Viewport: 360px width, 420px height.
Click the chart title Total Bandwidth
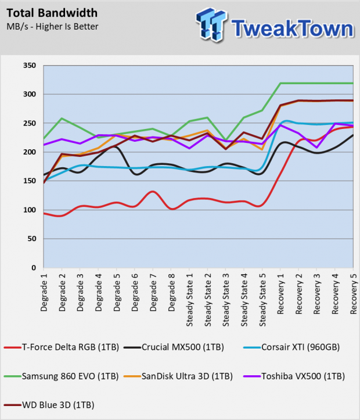click(x=52, y=13)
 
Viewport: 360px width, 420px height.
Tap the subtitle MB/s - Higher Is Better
click(x=52, y=27)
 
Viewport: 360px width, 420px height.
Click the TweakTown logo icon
click(x=211, y=25)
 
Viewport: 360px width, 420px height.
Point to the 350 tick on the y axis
click(x=30, y=66)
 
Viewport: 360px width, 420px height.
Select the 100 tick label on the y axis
click(x=30, y=210)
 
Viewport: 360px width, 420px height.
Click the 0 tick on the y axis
click(x=34, y=268)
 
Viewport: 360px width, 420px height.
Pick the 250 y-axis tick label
click(x=30, y=123)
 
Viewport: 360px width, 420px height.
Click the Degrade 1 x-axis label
click(x=44, y=292)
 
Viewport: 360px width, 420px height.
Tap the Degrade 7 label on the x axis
click(x=153, y=292)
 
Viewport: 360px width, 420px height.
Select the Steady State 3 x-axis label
click(x=226, y=300)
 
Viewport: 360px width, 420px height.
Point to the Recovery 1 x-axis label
click(x=280, y=293)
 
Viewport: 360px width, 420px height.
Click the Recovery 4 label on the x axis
click(x=335, y=293)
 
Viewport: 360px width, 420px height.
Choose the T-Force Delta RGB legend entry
click(x=62, y=347)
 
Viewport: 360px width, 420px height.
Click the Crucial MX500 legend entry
click(x=174, y=347)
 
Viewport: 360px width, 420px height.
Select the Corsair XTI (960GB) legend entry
click(x=291, y=347)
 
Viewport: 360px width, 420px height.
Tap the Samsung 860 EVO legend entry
click(x=62, y=376)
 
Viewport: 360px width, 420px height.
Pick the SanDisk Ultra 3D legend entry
click(x=178, y=376)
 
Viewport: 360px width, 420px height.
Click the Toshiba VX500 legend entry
click(x=294, y=376)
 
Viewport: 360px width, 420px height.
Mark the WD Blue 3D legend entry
click(x=49, y=405)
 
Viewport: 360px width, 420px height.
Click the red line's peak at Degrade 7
click(x=153, y=192)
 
